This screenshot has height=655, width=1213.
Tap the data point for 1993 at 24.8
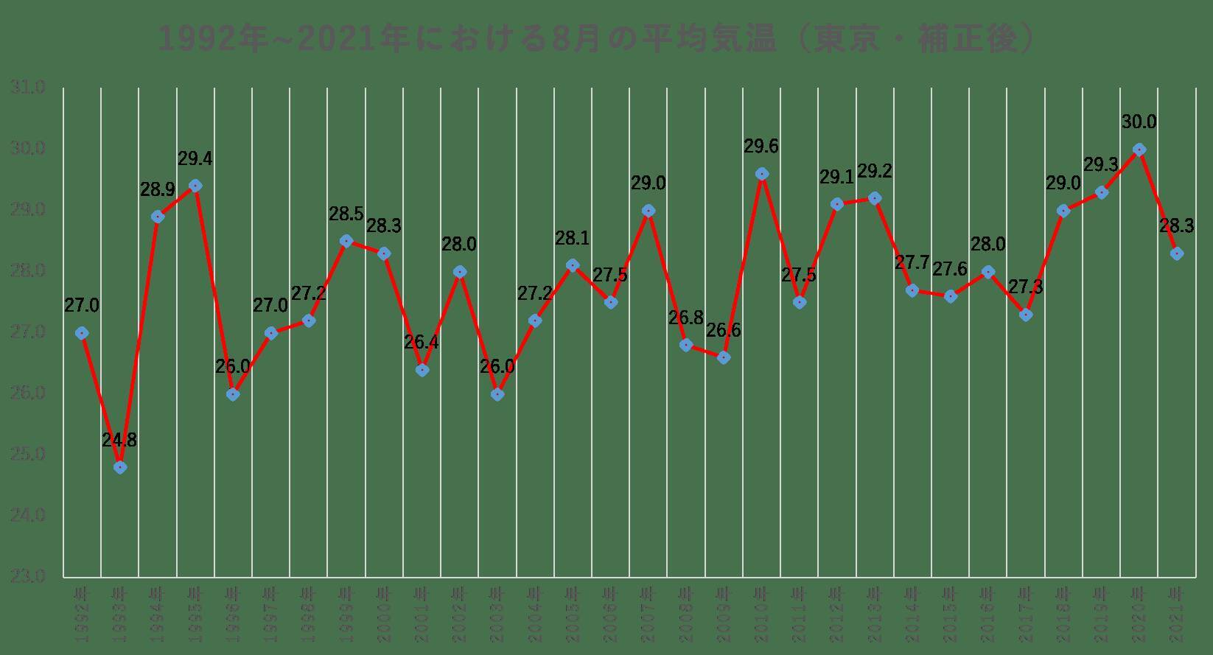click(120, 467)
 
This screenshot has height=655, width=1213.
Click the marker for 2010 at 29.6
click(762, 174)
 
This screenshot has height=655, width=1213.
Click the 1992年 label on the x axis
click(83, 606)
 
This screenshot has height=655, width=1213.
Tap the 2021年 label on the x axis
click(1177, 606)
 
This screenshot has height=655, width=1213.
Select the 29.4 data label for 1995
click(195, 159)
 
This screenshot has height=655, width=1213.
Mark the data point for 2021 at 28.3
click(1177, 253)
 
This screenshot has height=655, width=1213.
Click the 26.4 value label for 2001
click(422, 343)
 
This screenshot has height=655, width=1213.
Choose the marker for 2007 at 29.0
click(649, 211)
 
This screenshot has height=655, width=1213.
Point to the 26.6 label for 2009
click(724, 331)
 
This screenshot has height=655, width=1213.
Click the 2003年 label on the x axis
click(497, 606)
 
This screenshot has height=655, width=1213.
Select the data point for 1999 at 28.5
click(346, 241)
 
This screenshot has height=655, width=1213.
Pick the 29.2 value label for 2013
click(875, 172)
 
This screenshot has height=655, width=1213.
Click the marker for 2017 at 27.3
click(1026, 315)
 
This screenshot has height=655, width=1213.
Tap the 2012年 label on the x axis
click(837, 606)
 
